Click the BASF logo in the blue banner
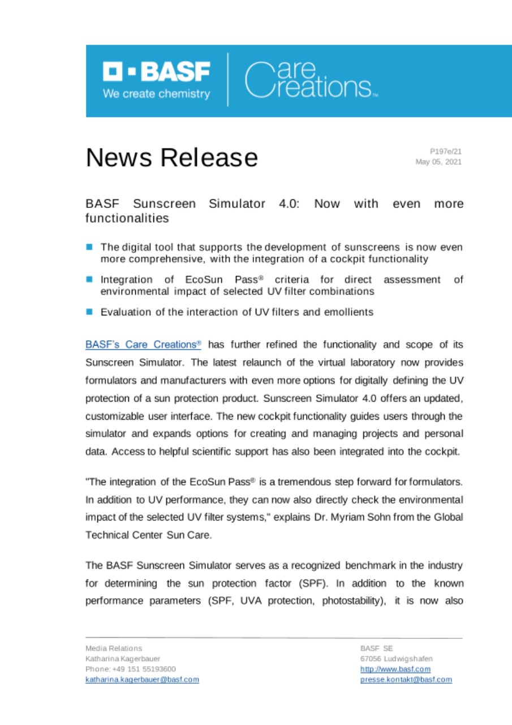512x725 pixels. click(156, 72)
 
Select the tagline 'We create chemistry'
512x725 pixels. click(156, 94)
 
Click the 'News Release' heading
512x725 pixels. click(171, 157)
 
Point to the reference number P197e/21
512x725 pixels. click(446, 152)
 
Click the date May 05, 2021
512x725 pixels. click(438, 162)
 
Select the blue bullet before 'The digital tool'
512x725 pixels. click(89, 247)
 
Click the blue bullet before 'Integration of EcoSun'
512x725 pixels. click(89, 279)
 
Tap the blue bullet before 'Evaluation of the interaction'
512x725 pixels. click(89, 312)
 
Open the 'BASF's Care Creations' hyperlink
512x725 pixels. click(143, 344)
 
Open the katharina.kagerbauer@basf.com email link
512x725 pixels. click(142, 679)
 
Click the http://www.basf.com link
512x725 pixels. click(395, 669)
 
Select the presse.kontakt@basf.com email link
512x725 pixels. click(406, 679)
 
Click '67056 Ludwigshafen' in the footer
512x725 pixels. click(397, 659)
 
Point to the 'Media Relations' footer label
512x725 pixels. click(114, 648)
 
